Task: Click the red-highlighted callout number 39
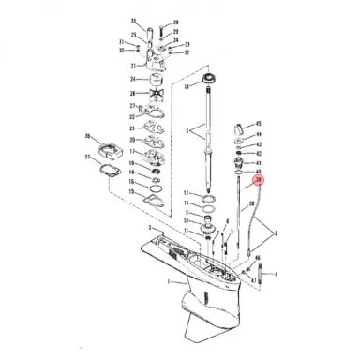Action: [259, 182]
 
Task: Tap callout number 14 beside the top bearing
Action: [187, 86]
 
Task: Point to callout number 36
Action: [87, 136]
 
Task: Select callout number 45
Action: [260, 124]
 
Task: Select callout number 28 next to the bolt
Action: [251, 202]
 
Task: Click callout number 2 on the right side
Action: [275, 232]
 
